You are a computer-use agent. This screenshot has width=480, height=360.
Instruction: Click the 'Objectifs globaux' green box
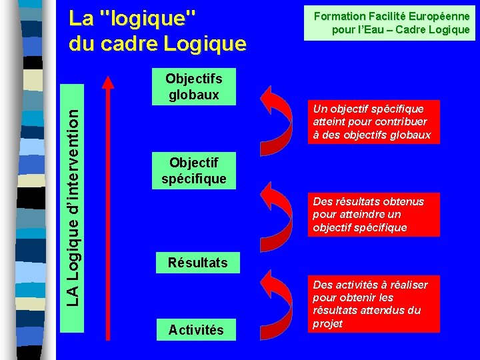[x=193, y=87]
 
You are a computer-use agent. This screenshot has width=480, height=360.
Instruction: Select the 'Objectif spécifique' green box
[x=193, y=171]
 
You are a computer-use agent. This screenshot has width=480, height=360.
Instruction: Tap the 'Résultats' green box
[x=197, y=263]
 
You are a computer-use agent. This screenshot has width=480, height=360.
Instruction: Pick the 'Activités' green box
[x=196, y=329]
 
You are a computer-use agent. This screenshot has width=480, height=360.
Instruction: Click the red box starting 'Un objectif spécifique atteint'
[x=372, y=121]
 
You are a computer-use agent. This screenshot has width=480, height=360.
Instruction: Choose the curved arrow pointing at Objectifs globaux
[x=279, y=117]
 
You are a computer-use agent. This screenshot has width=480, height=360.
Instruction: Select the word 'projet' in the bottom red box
[x=328, y=323]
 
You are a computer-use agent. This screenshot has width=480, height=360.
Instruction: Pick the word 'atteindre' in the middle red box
[x=360, y=214]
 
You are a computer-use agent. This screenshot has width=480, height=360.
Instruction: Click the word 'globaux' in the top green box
[x=193, y=94]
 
